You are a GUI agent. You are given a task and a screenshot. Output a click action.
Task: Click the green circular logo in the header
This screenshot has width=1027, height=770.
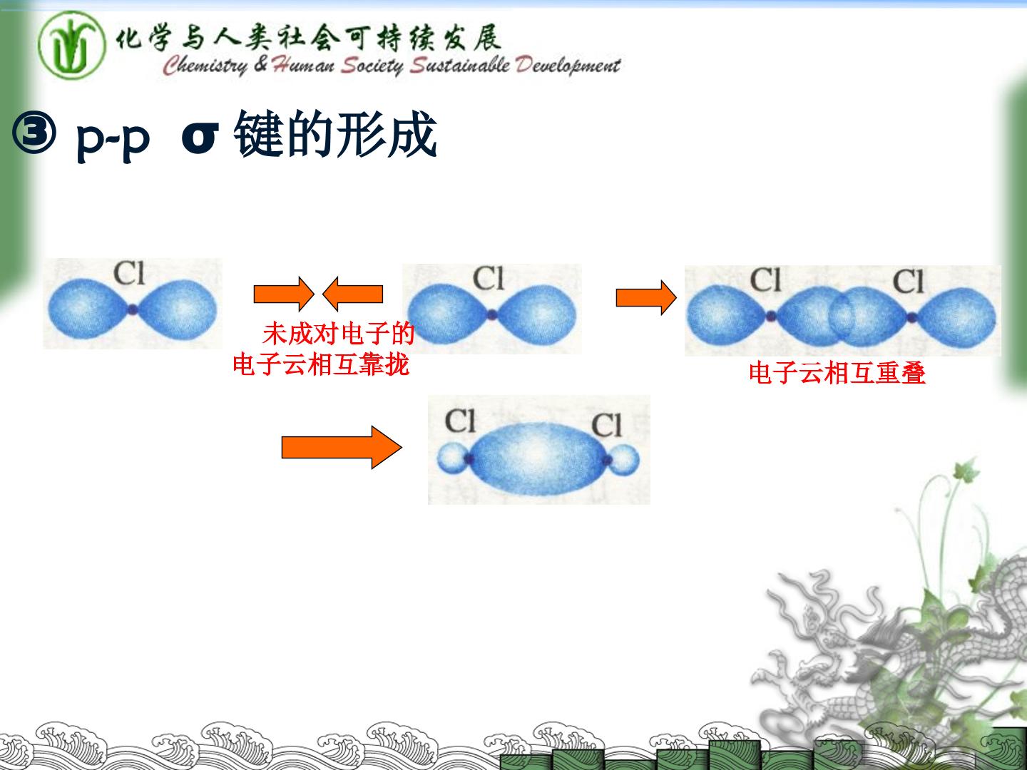pos(71,46)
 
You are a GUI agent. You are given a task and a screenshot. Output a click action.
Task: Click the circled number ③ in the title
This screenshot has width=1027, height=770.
pos(34,133)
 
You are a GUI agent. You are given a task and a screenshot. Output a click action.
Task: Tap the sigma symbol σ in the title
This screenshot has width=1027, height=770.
pos(200,138)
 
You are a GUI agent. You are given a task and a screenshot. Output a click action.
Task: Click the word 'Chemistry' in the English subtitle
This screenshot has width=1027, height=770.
pos(205,66)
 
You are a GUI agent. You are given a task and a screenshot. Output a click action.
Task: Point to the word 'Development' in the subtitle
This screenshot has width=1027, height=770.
pos(568,66)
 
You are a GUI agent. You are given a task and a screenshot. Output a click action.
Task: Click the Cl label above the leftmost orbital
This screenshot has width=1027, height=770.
pos(129,273)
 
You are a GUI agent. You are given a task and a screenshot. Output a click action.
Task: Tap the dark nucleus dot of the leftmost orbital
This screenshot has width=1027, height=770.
pos(133,309)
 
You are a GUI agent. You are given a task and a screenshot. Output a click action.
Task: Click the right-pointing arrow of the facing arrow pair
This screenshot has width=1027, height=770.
pos(284,294)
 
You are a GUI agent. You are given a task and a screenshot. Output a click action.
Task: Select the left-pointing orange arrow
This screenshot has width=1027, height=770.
pos(353,294)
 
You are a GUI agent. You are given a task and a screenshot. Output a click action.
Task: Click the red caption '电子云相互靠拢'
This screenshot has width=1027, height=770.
pos(321,364)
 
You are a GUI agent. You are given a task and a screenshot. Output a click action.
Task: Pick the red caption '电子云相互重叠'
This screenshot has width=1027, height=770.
pos(837,373)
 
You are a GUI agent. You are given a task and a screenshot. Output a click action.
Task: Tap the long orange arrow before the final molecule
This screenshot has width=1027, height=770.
pos(342,448)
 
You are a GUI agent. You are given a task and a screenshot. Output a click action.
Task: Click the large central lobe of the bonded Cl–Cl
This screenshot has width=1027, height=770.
pos(538,458)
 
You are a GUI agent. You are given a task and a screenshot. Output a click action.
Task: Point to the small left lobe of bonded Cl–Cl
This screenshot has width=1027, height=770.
pos(451,457)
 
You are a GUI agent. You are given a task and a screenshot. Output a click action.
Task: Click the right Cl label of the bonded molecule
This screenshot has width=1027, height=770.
pos(607,425)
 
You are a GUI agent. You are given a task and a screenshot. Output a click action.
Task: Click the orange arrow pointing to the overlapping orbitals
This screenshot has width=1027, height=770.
pos(646,297)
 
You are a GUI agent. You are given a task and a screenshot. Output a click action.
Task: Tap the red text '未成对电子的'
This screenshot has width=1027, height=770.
pos(339,334)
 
